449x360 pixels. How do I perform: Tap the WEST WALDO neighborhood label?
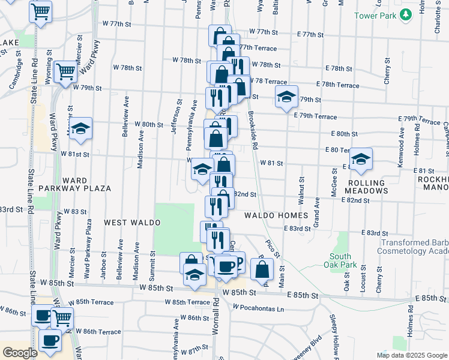click(x=132, y=223)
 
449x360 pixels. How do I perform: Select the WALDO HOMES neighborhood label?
click(x=276, y=215)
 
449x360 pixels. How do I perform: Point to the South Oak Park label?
click(x=340, y=260)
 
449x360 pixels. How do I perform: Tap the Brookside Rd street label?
click(x=253, y=132)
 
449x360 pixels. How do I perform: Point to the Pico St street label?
click(x=273, y=248)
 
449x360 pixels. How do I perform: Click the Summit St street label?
click(x=152, y=264)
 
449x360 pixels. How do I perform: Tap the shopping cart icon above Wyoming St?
click(x=41, y=11)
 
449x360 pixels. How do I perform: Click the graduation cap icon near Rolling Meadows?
click(x=361, y=158)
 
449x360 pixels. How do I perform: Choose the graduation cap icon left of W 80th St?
click(x=80, y=128)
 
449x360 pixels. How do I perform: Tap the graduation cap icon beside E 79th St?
click(x=287, y=95)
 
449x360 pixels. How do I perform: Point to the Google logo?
click(x=19, y=353)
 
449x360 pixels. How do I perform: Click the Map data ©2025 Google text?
click(x=411, y=355)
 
